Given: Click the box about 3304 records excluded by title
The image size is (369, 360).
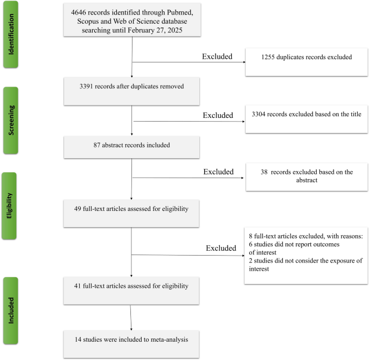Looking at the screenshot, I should (306, 118).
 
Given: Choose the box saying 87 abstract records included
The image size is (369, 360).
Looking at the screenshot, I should (132, 147).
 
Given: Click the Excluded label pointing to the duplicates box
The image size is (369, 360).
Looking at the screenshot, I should (218, 56).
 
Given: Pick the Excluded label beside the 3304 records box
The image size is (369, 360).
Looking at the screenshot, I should (218, 115).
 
